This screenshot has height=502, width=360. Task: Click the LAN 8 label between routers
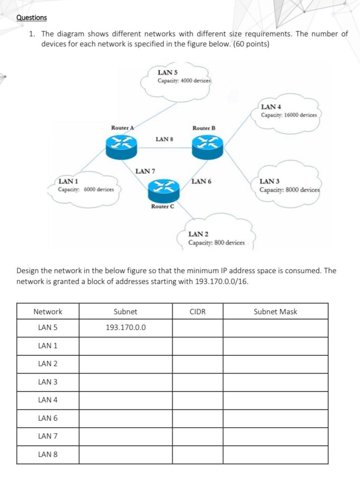[164, 139]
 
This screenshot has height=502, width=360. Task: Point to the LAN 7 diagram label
[145, 171]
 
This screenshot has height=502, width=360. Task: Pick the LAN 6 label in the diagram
[201, 182]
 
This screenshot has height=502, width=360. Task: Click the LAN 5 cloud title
[168, 72]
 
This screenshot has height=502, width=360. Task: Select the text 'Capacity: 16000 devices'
[289, 115]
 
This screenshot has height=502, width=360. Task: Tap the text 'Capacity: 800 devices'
[216, 243]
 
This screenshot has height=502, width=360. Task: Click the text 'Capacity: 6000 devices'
[86, 189]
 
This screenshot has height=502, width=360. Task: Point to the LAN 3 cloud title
[269, 182]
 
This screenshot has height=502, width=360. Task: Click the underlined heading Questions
[32, 18]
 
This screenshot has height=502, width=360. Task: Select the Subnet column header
[125, 312]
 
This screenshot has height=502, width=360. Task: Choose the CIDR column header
[198, 312]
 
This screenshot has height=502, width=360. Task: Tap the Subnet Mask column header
[275, 312]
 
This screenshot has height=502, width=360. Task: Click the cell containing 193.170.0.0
[125, 328]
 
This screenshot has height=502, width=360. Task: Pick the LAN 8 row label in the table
[48, 455]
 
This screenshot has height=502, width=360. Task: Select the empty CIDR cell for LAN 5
[198, 328]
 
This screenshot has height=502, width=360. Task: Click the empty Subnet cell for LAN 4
[125, 400]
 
